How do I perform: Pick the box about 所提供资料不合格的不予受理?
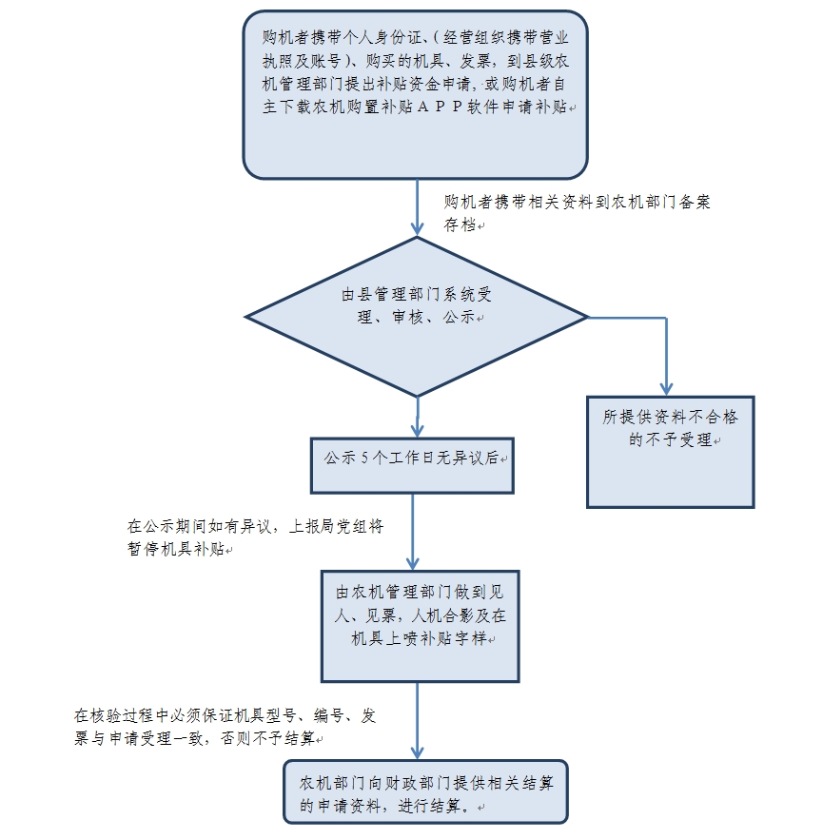click(670, 451)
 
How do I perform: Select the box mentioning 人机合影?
click(419, 624)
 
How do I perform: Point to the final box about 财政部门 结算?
click(424, 793)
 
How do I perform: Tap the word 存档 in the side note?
click(460, 225)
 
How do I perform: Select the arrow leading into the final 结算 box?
click(417, 723)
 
